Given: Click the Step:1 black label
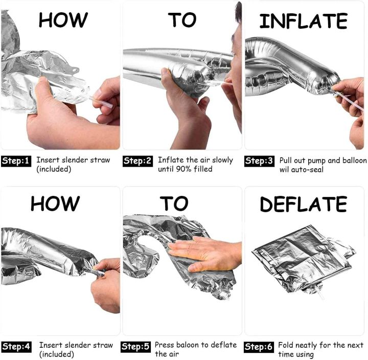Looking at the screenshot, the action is click(x=16, y=161).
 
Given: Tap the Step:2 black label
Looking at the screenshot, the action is click(x=138, y=161).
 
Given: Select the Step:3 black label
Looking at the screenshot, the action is click(x=259, y=161).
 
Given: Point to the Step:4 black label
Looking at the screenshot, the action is click(x=16, y=347).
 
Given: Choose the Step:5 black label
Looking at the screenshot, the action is click(x=136, y=347).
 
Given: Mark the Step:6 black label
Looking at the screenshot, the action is click(x=259, y=347).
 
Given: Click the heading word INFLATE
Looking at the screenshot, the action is click(x=303, y=21).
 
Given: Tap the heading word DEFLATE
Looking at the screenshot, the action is click(x=303, y=204).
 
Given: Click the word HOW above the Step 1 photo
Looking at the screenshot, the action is click(x=63, y=20).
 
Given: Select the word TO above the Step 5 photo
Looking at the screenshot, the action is click(x=174, y=203).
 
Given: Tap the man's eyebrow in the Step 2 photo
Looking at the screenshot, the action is click(x=235, y=37).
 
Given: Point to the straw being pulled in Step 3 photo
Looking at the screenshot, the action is click(x=350, y=101).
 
